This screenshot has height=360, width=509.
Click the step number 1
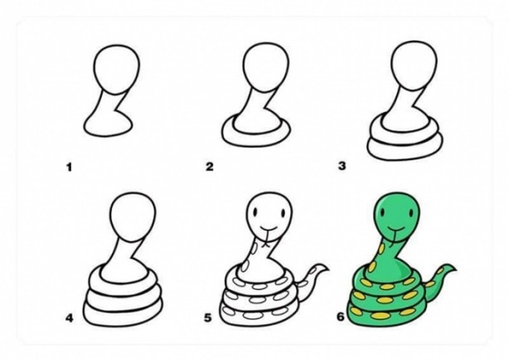point(69,168)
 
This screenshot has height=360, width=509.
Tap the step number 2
point(210,167)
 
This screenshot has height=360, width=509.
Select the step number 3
point(342,166)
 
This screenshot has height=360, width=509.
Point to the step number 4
point(70,318)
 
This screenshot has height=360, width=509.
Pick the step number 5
point(208,318)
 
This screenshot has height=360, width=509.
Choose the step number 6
point(340,317)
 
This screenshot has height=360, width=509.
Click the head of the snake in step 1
point(117,69)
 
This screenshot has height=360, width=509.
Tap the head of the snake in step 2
point(265,67)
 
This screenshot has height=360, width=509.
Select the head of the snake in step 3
point(414,66)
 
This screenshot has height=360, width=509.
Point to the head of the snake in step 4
point(133,217)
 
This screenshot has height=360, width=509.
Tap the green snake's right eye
point(412,214)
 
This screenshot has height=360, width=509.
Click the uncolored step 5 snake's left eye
point(256,213)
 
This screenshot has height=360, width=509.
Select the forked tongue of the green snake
point(394,238)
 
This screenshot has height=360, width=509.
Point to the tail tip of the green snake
point(455,270)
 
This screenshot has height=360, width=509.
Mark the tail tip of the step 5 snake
point(327,269)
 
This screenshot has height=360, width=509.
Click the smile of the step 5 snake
point(267,227)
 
